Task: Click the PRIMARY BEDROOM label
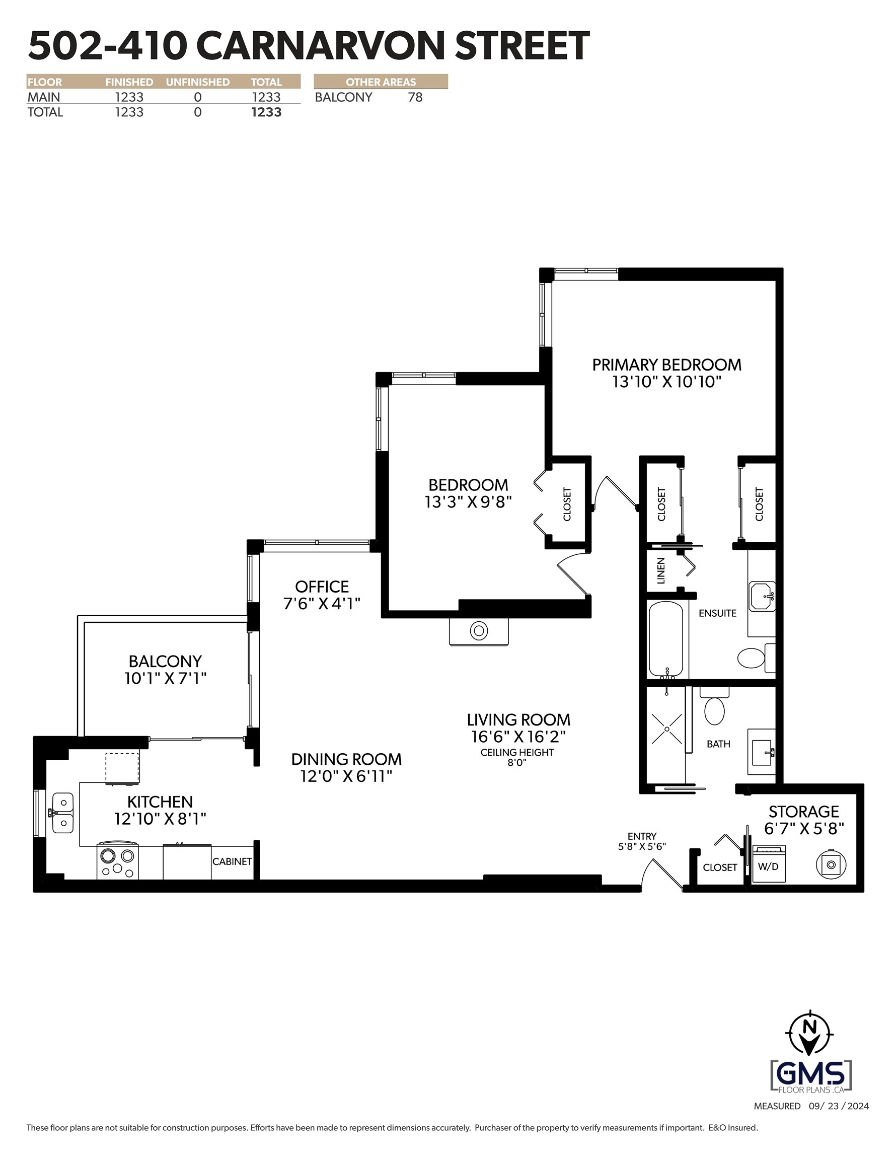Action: coord(666,365)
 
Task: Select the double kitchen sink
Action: coord(63,813)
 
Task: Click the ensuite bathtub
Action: coord(665,639)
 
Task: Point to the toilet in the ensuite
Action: coord(751,658)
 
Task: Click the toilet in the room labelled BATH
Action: coord(714,709)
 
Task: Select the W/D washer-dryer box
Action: coord(769,866)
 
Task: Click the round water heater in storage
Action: coord(831,864)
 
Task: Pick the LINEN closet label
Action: coord(661,570)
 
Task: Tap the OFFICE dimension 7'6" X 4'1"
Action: coord(321,603)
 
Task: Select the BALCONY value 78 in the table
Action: coord(415,97)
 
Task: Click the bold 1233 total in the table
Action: coord(266,112)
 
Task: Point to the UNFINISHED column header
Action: coord(198,82)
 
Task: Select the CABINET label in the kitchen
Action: coord(232,861)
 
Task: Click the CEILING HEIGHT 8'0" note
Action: coord(517,757)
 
